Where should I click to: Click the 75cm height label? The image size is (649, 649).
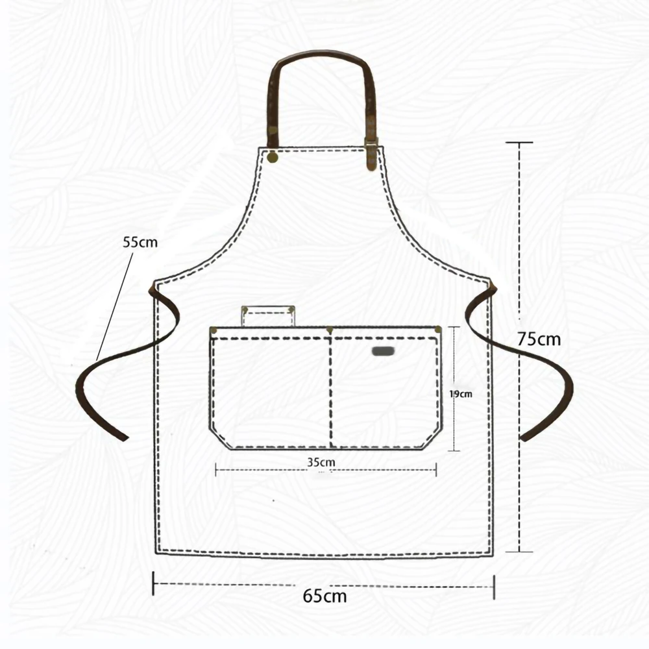click(539, 339)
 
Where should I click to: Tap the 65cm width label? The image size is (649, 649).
click(324, 596)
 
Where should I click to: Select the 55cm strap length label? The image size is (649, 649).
click(140, 242)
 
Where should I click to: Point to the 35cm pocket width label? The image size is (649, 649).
click(321, 462)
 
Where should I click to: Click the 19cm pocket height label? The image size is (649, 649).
click(461, 394)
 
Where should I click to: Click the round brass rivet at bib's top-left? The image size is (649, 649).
click(273, 157)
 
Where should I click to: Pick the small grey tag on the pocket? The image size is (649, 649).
click(384, 351)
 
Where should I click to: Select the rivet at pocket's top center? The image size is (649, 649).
click(330, 330)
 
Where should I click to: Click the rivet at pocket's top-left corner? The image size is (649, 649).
click(214, 330)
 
